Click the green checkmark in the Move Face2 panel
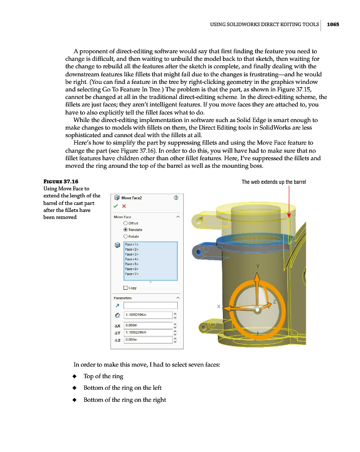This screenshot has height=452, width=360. coord(116,205)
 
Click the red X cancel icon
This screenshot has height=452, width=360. coord(124,205)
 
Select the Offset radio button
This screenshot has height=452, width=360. coord(126,223)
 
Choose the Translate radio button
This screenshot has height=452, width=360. coord(126,230)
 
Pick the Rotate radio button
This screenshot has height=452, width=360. coord(126,236)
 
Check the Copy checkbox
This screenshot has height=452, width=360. coord(126,288)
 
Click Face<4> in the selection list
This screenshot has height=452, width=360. coord(132,259)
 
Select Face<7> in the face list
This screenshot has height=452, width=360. coord(132,274)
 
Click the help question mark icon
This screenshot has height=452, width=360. coord(176,198)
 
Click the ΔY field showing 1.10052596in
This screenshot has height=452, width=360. coord(148,332)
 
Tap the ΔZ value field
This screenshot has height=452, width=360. coord(148,340)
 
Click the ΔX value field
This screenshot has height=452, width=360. coord(148,324)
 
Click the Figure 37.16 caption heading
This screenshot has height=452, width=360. coord(62,181)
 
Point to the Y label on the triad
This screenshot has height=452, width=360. coord(257,266)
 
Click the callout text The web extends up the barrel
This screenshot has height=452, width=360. coord(274,182)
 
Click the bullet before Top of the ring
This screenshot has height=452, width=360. coord(74,376)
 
